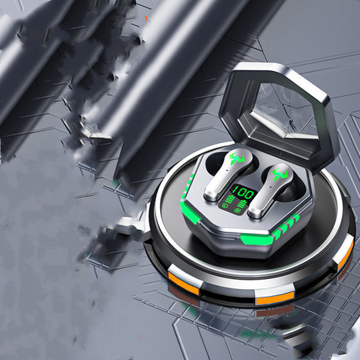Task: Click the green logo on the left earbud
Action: pyautogui.click(x=237, y=159)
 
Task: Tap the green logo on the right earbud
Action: pyautogui.click(x=280, y=174)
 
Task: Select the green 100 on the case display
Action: pyautogui.click(x=243, y=193)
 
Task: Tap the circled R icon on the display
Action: pyautogui.click(x=237, y=210)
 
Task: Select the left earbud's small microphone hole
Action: pyautogui.click(x=227, y=171)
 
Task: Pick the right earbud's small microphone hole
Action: pyautogui.click(x=271, y=187)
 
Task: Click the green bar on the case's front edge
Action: pyautogui.click(x=257, y=239)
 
